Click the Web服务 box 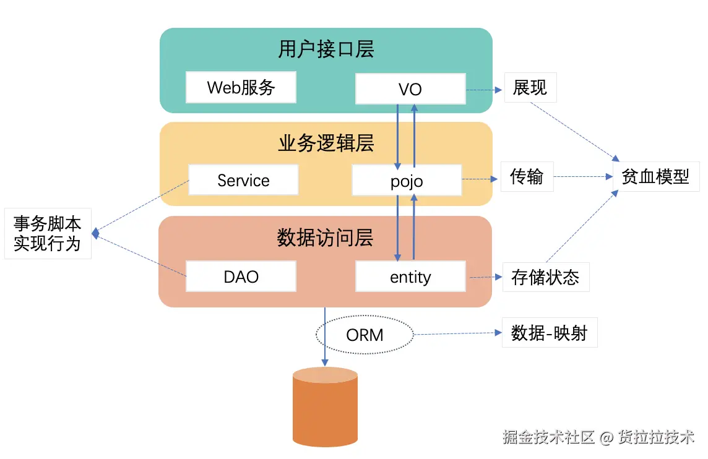point(241,87)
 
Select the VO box point(410,89)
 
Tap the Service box point(243,180)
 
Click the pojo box point(407,181)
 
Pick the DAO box point(241,277)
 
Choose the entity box point(410,277)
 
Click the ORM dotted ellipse point(365,335)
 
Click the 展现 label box point(530,88)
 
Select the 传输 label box point(527,177)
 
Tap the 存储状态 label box point(545,277)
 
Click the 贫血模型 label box point(655,177)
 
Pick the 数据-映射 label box point(549,333)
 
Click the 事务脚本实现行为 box point(48,233)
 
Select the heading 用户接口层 point(326,49)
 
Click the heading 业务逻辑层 point(326,144)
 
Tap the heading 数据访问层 point(326,238)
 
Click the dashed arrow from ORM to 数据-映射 point(457,333)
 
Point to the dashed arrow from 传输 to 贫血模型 point(582,177)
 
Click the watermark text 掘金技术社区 point(548,437)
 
